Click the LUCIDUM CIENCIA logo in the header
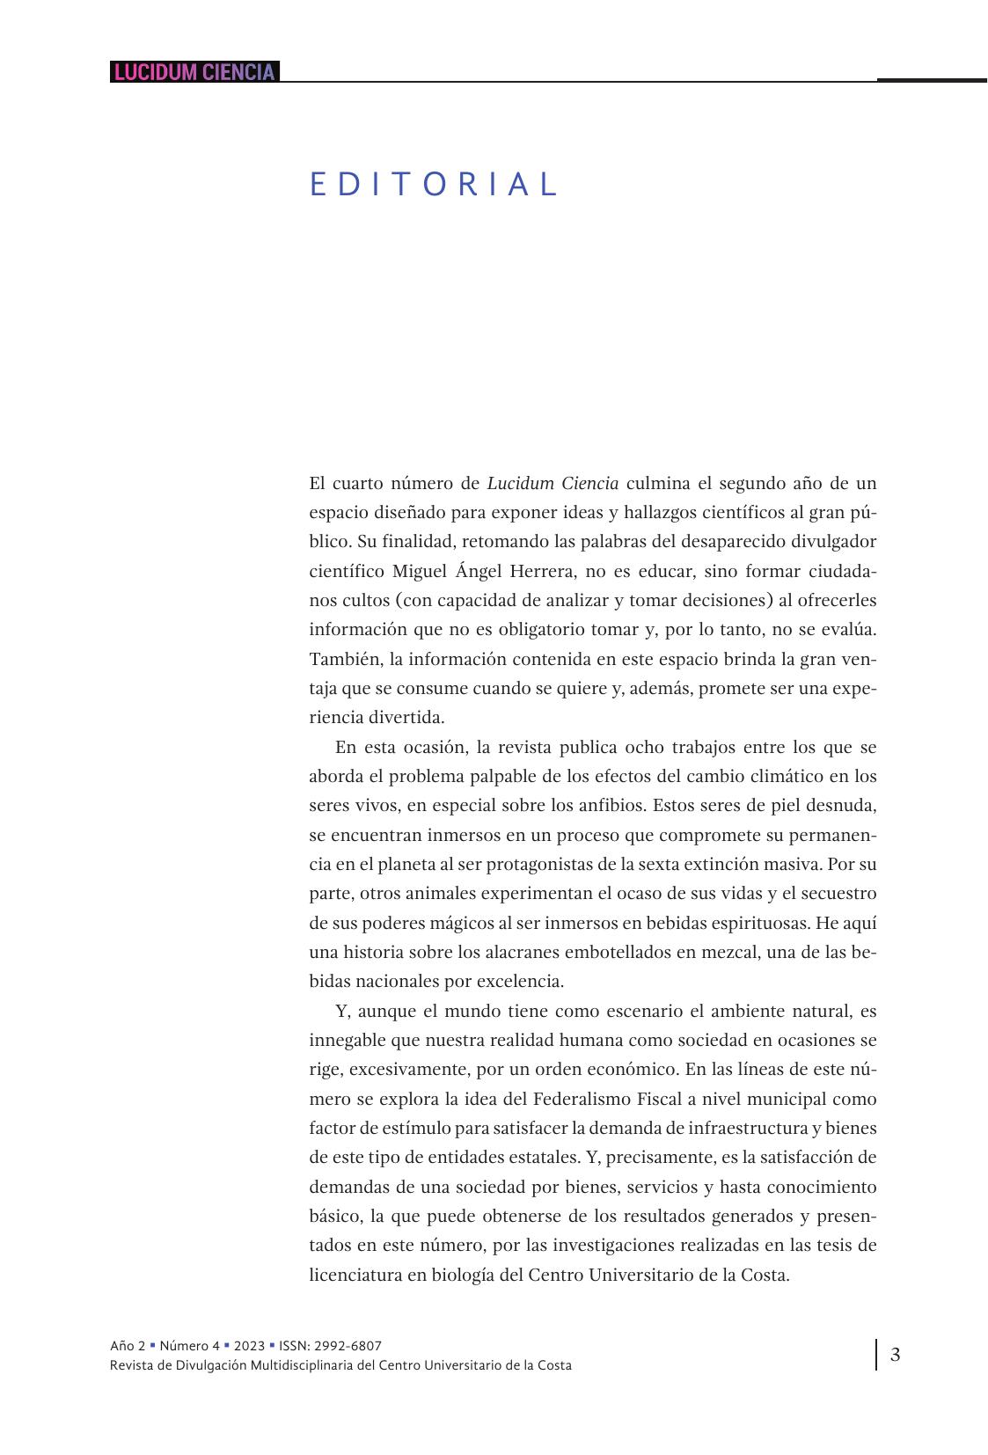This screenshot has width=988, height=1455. tap(194, 72)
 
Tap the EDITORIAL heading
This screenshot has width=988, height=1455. tap(435, 185)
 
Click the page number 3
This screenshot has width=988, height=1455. tap(895, 1355)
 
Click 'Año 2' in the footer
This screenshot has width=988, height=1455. tap(128, 1346)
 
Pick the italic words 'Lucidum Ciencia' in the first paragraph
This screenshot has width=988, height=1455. tap(553, 483)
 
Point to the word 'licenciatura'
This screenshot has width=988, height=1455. tap(355, 1275)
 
